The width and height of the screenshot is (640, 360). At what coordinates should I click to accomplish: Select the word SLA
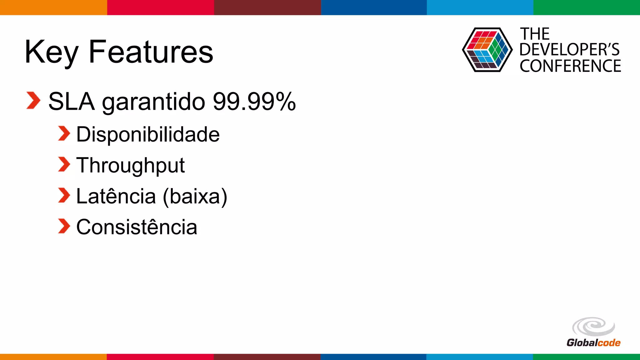tap(71, 101)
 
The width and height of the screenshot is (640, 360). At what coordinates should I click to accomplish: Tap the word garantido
tap(153, 102)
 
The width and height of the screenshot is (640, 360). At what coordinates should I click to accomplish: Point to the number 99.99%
tap(254, 101)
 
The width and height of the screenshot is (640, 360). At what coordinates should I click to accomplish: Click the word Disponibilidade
tap(148, 134)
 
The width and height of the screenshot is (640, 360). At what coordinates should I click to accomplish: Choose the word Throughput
tap(130, 166)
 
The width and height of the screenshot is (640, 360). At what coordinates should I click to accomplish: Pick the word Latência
tap(116, 196)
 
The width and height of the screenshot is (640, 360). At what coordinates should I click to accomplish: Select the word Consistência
tap(137, 227)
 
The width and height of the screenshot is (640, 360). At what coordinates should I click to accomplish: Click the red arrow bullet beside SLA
tap(33, 101)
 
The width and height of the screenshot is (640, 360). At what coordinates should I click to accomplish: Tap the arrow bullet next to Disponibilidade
tap(64, 134)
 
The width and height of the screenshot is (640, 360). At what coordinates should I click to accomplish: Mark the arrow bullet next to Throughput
tap(64, 165)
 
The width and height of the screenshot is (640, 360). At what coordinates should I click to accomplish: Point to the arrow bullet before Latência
tap(64, 195)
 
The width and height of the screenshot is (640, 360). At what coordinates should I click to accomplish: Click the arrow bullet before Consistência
tap(64, 226)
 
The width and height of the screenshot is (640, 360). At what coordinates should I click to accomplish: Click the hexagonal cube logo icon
tap(487, 50)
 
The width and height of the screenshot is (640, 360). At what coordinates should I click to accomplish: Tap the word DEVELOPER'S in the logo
tap(569, 50)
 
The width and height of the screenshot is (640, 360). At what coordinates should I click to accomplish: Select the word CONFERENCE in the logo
tap(570, 66)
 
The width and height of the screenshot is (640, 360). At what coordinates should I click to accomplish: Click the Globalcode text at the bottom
tap(593, 343)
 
